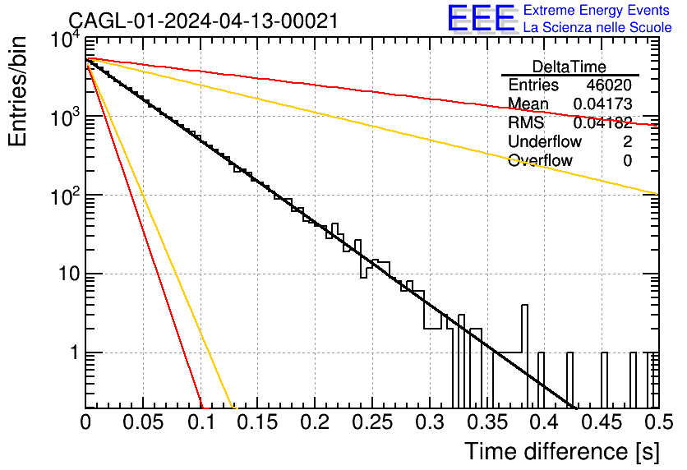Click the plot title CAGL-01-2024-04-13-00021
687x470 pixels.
[x=203, y=21]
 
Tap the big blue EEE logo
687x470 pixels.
[x=482, y=18]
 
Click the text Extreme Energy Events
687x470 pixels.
[x=597, y=10]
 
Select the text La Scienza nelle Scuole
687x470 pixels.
[x=597, y=27]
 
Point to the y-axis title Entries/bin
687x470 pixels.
[x=17, y=91]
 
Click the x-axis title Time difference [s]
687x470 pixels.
[x=562, y=451]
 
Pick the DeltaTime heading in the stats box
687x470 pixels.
[x=569, y=67]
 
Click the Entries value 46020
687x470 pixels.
[x=609, y=85]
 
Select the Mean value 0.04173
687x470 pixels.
[x=602, y=104]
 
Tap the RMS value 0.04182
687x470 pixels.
[x=602, y=122]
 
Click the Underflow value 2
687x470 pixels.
[x=627, y=141]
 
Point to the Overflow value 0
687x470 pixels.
[x=627, y=160]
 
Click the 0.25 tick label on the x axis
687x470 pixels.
[x=372, y=422]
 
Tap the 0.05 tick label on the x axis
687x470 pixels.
[x=143, y=422]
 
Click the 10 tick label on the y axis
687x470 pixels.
[x=69, y=274]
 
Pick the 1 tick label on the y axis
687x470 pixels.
[x=75, y=352]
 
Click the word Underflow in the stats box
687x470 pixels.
[x=545, y=141]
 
